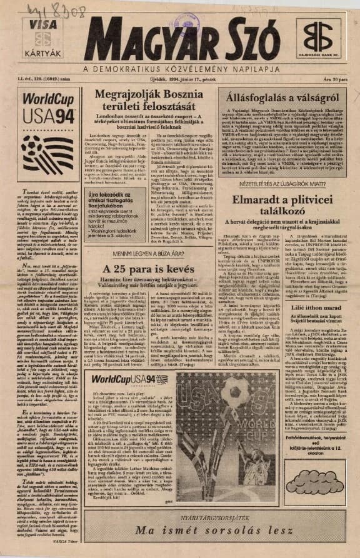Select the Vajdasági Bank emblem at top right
[x=319, y=37]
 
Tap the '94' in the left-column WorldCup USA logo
[x=65, y=116]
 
